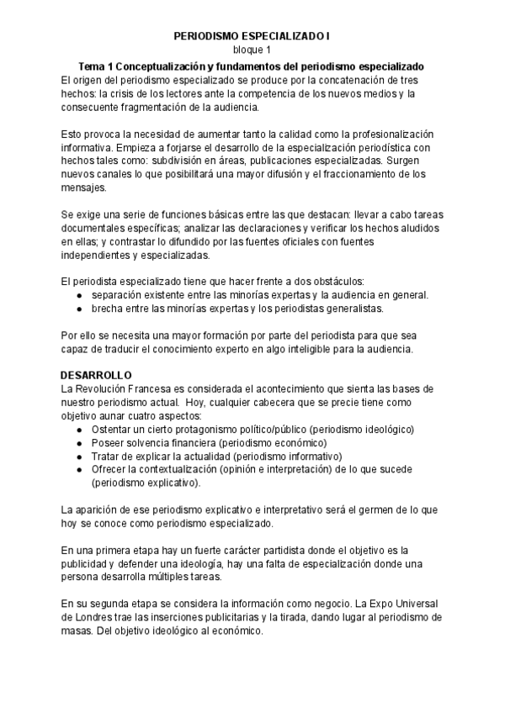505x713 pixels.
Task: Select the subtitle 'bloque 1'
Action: pos(252,51)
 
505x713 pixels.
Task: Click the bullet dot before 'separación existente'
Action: pos(78,294)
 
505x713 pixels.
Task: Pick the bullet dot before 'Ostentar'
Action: pos(78,429)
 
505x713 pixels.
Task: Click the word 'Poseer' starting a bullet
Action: pos(108,442)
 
